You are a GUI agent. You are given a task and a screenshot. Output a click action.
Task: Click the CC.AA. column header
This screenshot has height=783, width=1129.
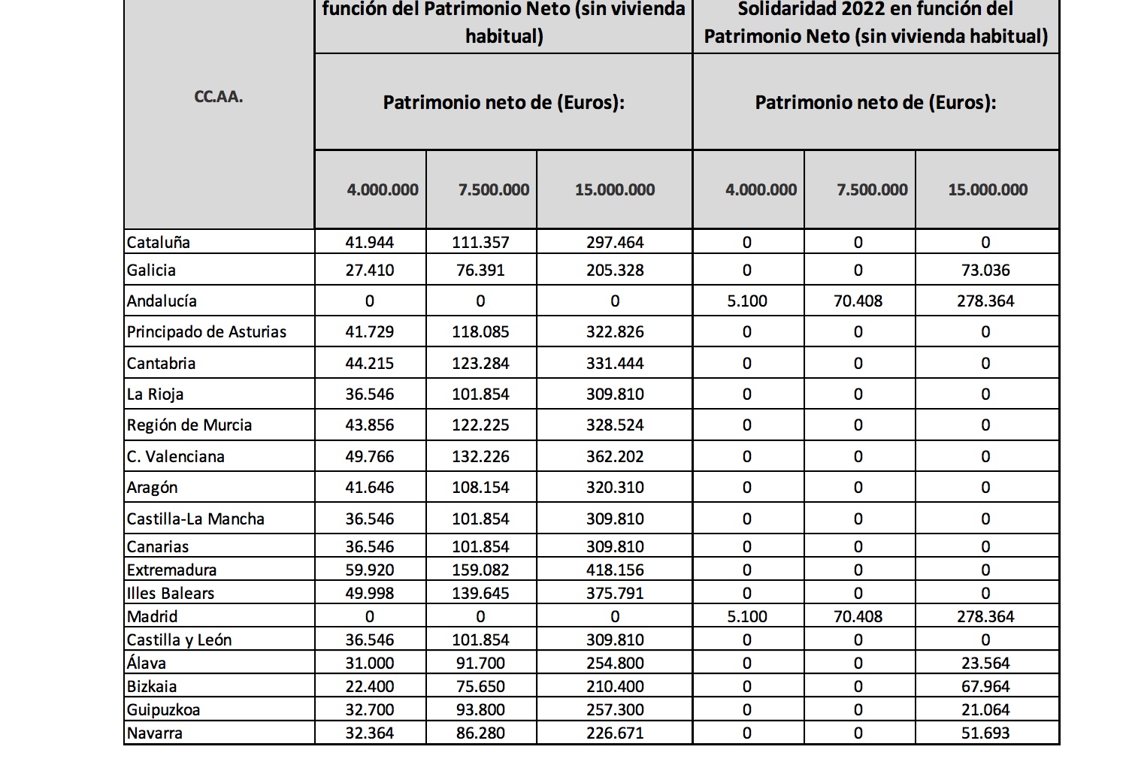219,97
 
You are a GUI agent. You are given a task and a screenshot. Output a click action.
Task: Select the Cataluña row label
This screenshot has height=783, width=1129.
159,242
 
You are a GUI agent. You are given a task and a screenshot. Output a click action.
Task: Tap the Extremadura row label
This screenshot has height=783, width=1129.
171,570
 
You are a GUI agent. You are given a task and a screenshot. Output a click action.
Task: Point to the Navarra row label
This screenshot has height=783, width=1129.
155,733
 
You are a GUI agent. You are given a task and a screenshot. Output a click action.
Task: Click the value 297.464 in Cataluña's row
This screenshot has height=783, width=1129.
615,242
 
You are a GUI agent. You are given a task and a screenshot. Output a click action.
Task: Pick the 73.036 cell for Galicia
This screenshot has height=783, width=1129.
985,270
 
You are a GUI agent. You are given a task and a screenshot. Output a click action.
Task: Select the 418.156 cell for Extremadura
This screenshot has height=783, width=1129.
615,570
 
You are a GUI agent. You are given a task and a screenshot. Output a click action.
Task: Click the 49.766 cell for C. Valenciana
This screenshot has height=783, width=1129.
369,456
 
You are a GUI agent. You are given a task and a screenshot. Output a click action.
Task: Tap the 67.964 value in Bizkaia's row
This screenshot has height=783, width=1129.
985,686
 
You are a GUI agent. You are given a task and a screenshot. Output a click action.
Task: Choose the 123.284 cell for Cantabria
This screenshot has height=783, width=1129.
480,363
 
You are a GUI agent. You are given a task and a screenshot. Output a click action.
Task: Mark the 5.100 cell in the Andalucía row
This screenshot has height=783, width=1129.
747,301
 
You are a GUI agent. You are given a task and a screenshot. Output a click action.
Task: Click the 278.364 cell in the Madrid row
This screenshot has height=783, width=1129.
985,616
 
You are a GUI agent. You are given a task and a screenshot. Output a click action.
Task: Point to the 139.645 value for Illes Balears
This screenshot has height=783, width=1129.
480,593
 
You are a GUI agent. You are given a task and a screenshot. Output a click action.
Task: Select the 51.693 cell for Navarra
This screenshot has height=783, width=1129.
985,733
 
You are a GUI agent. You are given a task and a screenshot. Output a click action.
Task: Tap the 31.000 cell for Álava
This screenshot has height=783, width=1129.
369,663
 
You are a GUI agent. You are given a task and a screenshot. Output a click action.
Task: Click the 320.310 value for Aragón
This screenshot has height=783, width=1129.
615,487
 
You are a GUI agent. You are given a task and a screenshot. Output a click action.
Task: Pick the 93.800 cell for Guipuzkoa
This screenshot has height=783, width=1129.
480,709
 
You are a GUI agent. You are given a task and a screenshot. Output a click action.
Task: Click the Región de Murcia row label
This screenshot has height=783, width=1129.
189,425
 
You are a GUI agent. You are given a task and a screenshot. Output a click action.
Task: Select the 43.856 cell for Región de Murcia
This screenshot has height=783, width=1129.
369,425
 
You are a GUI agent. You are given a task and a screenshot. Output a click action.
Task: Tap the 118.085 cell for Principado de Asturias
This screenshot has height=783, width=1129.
480,331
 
